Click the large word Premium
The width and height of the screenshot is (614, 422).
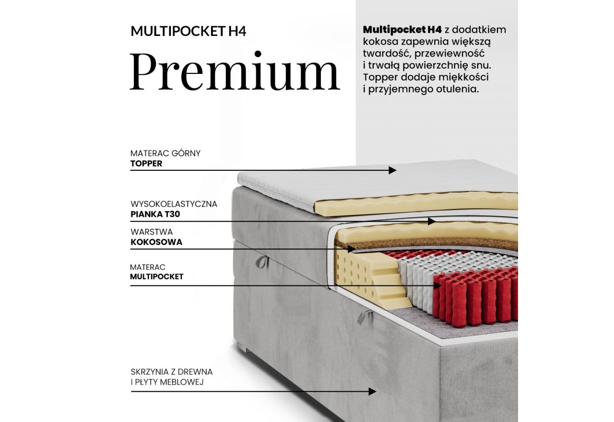(x=235, y=71)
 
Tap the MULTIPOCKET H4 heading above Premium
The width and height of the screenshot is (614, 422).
(x=189, y=32)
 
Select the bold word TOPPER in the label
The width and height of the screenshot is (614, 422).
(x=146, y=164)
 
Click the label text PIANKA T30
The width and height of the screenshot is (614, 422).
(x=155, y=214)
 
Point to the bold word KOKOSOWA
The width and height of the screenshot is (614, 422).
(x=156, y=242)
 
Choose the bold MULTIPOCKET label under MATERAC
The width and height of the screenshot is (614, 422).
(x=157, y=277)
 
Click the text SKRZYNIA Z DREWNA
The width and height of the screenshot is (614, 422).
(x=171, y=372)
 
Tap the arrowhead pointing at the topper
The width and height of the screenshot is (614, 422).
(x=393, y=170)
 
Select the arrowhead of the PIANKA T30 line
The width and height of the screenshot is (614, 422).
(x=432, y=221)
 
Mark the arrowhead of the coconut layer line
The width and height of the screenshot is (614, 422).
(x=351, y=249)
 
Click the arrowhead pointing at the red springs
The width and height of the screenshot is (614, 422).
(x=437, y=285)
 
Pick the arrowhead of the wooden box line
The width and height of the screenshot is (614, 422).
(x=372, y=391)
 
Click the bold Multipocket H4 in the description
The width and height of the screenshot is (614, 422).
(x=402, y=30)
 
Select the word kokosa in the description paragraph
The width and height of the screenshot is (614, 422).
(x=380, y=42)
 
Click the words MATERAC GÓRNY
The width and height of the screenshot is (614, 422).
(x=165, y=153)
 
